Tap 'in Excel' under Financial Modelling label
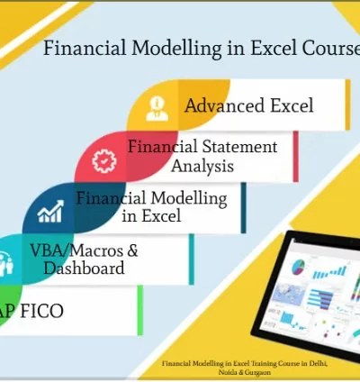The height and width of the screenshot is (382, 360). tap(151, 216)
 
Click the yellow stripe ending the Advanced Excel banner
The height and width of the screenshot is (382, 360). tap(348, 104)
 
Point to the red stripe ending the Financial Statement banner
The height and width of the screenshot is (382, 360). tap(295, 156)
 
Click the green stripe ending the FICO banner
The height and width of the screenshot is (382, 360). tap(139, 310)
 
